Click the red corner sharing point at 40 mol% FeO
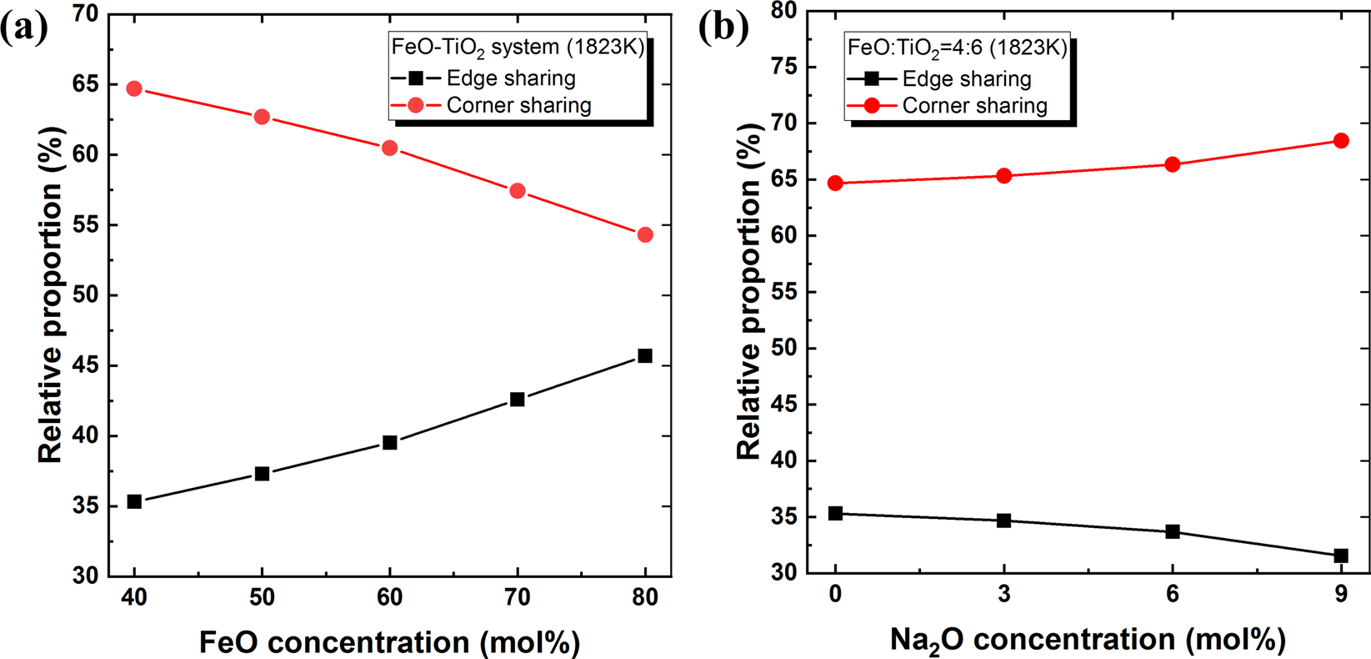(134, 88)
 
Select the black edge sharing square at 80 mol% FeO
(644, 356)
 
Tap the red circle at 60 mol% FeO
(389, 148)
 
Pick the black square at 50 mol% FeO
(262, 474)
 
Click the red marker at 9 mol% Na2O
(1341, 141)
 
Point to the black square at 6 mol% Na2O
(1173, 531)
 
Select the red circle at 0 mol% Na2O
(835, 184)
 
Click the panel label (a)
(23, 28)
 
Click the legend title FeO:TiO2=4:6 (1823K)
(957, 48)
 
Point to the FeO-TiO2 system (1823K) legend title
(518, 48)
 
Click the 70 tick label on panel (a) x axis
(517, 598)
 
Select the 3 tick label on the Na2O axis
(1003, 595)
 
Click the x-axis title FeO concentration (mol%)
(389, 642)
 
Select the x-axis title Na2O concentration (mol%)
(1088, 640)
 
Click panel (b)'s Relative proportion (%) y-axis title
(749, 292)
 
